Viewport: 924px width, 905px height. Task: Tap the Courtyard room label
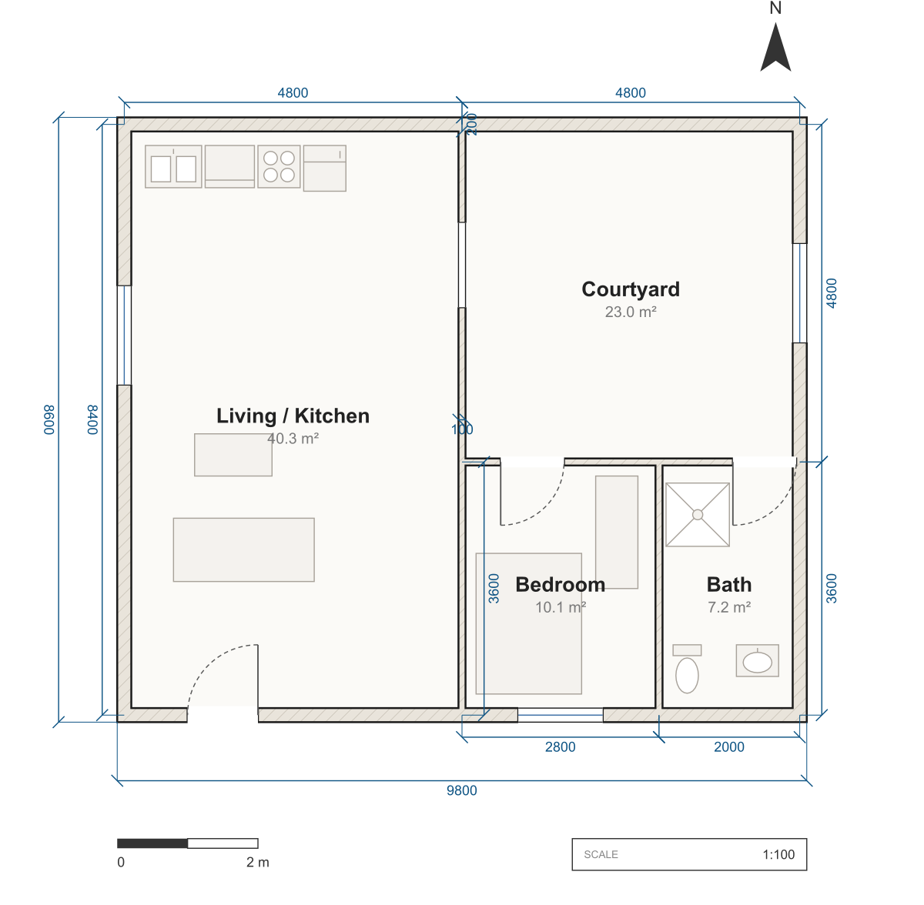631,289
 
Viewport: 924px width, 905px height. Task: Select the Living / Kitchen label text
293,416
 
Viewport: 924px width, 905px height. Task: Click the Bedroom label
560,584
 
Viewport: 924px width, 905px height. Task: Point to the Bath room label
729,584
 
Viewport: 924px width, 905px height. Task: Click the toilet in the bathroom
687,669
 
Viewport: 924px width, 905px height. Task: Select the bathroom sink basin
757,661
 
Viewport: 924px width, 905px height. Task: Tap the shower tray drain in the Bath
698,515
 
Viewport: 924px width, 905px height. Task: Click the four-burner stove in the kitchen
279,166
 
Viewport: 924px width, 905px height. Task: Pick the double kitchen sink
173,166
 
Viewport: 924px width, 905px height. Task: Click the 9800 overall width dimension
462,790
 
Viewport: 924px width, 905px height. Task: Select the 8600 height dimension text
49,420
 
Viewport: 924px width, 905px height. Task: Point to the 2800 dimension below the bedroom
560,746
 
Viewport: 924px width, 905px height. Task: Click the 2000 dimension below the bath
729,746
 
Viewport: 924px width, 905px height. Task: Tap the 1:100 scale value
778,854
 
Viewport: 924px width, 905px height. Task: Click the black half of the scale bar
152,843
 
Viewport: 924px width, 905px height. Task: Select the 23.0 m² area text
631,312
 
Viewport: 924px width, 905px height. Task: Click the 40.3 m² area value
293,439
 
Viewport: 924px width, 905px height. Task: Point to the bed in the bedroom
528,623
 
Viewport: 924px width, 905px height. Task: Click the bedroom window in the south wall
560,715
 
